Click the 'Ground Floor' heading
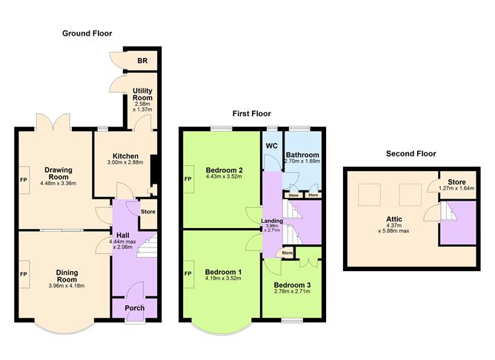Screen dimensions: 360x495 (x=87, y=33)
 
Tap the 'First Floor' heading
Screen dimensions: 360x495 (x=251, y=114)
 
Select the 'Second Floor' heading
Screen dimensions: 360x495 (x=411, y=154)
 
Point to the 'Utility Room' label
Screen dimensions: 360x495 (x=142, y=94)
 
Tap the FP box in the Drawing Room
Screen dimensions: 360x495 (x=24, y=179)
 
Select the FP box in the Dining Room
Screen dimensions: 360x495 (x=24, y=274)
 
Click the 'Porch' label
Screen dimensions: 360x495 (x=134, y=308)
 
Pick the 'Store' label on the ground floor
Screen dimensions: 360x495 (x=147, y=213)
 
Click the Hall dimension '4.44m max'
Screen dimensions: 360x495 (x=127, y=242)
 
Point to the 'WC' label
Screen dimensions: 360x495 (x=272, y=145)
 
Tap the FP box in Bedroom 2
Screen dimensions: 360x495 (x=187, y=179)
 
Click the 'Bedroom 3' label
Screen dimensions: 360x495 (x=292, y=285)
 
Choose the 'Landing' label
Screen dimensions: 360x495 (x=272, y=221)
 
